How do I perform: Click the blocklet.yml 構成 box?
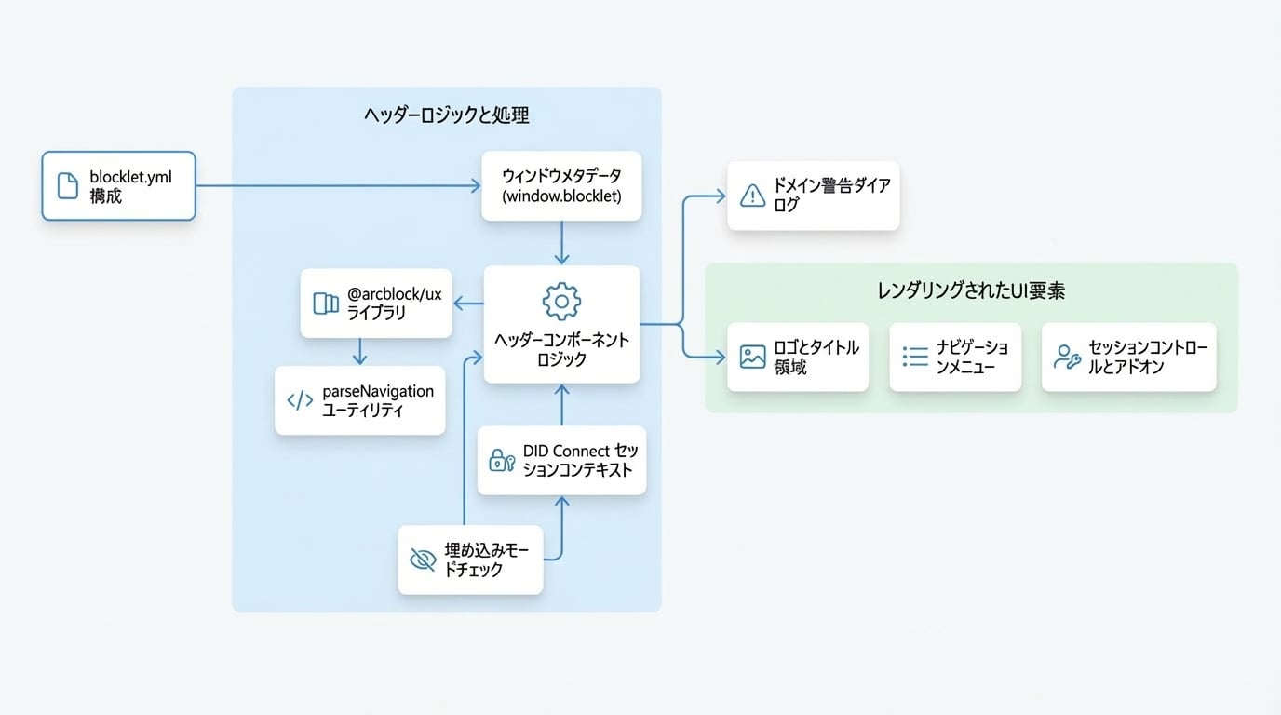point(118,186)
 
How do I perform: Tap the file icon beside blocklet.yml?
point(68,186)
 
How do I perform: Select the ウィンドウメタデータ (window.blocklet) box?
point(561,186)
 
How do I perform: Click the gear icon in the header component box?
point(561,302)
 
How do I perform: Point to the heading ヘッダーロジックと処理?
point(447,115)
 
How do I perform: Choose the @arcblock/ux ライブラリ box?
point(376,304)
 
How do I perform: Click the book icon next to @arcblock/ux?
point(326,304)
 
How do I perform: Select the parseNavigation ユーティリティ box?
point(359,400)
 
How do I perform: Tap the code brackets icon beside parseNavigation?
point(300,400)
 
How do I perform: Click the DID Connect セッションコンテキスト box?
point(561,461)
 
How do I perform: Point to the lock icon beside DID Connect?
point(502,461)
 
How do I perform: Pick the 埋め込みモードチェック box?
point(471,560)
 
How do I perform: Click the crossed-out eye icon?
point(423,560)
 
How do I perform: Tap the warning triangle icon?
point(752,196)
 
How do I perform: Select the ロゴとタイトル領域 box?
point(798,357)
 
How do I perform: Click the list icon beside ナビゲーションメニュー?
point(915,357)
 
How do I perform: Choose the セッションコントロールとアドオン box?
point(1129,357)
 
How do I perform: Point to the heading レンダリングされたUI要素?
point(971,291)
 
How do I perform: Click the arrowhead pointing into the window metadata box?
point(476,186)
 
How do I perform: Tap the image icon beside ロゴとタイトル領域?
point(752,357)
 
